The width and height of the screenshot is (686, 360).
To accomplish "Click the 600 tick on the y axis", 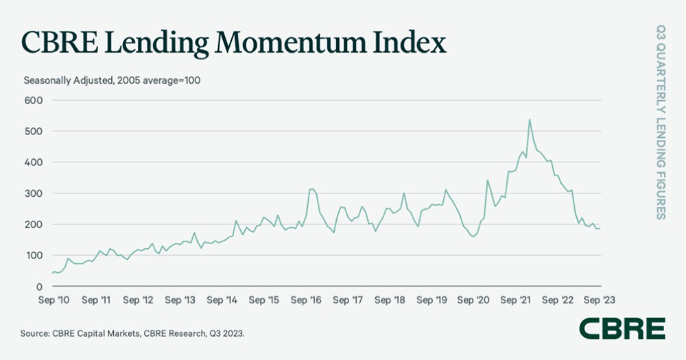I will click(34, 100).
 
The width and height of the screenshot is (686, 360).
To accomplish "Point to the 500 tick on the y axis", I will click(34, 131).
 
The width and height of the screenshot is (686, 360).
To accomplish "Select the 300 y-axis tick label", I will click(34, 193).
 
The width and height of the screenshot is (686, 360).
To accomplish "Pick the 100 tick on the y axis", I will click(34, 255).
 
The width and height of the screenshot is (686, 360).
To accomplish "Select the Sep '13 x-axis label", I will click(181, 300).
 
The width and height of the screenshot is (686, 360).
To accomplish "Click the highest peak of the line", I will click(530, 119).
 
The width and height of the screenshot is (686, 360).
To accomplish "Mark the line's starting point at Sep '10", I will click(52, 274).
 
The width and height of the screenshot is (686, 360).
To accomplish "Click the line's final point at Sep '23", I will click(601, 228).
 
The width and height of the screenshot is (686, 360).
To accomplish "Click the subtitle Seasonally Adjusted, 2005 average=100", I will click(112, 80).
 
